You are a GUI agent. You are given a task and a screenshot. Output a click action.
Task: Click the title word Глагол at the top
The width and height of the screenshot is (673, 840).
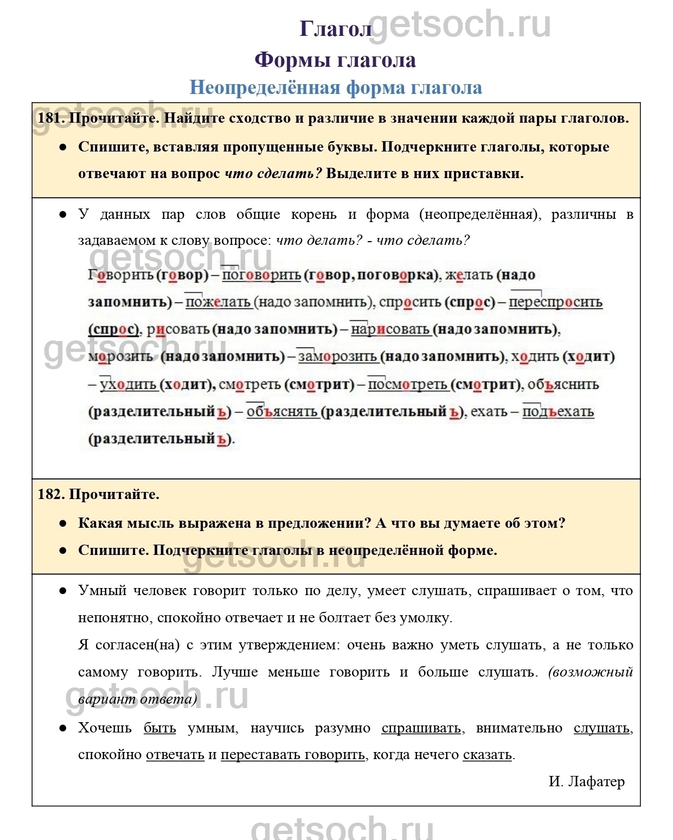pyautogui.click(x=335, y=29)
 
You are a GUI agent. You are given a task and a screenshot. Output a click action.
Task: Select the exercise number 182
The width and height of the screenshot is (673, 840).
pyautogui.click(x=51, y=494)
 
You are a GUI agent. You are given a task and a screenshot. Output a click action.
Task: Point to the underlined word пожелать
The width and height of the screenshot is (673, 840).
pyautogui.click(x=218, y=302)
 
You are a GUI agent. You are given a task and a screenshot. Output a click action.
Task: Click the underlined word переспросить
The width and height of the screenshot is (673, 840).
pyautogui.click(x=555, y=302)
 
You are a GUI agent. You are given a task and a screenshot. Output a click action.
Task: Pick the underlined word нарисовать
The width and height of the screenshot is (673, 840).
pyautogui.click(x=390, y=329)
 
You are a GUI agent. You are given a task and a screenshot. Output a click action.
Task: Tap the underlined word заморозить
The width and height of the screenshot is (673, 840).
pyautogui.click(x=337, y=357)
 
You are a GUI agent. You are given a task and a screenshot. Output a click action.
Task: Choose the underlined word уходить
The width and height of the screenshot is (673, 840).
pyautogui.click(x=128, y=384)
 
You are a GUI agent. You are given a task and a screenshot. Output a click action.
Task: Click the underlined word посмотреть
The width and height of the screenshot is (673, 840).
pyautogui.click(x=408, y=384)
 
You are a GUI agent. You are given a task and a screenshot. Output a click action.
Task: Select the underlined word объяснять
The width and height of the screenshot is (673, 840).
pyautogui.click(x=281, y=412)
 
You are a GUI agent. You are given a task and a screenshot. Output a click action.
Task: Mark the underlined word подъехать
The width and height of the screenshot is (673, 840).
pyautogui.click(x=557, y=412)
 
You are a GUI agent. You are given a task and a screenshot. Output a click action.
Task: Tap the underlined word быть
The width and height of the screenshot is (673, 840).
pyautogui.click(x=159, y=728)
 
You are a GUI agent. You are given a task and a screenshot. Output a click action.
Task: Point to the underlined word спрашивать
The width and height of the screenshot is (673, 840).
pyautogui.click(x=421, y=728)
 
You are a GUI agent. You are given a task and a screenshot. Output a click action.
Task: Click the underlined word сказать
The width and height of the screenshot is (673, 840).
pyautogui.click(x=487, y=755)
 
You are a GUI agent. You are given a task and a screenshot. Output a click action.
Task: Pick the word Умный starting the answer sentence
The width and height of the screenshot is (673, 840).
pyautogui.click(x=102, y=590)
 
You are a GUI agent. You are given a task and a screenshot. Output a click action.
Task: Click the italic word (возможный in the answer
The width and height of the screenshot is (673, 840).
pyautogui.click(x=591, y=672)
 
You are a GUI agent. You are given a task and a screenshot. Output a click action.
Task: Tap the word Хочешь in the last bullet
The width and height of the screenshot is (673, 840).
pyautogui.click(x=105, y=728)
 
